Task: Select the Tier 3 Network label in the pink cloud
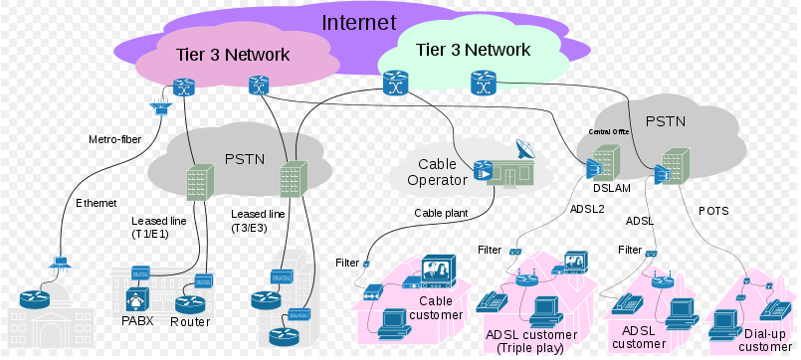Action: click(232, 55)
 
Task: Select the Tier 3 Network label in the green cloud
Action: click(473, 49)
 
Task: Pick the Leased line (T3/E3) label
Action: click(258, 221)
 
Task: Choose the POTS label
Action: click(714, 212)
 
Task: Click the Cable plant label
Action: click(443, 212)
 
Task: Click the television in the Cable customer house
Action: click(439, 270)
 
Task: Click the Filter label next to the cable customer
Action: click(346, 263)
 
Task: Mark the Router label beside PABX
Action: click(189, 322)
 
